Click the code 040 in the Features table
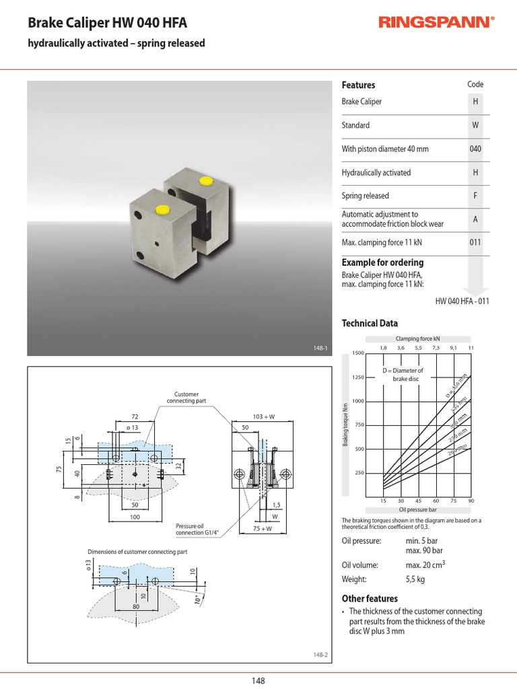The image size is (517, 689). pos(475,149)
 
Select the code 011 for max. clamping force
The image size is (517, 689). pos(475,242)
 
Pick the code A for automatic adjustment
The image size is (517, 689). pos(475,219)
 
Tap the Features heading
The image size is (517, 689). pos(358,85)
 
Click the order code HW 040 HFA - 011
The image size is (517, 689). pos(462,301)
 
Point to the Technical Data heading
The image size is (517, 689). pos(370,323)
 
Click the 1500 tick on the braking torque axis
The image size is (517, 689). pos(357,353)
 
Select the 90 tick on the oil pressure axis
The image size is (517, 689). pos(471,501)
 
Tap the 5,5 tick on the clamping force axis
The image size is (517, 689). pos(418,348)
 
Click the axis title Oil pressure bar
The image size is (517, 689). pos(418,511)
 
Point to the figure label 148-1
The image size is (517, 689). pos(320,348)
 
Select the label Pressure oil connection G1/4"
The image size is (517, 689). pos(195,529)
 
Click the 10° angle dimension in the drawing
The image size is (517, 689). pos(197,599)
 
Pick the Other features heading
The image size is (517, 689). pos(370,598)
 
